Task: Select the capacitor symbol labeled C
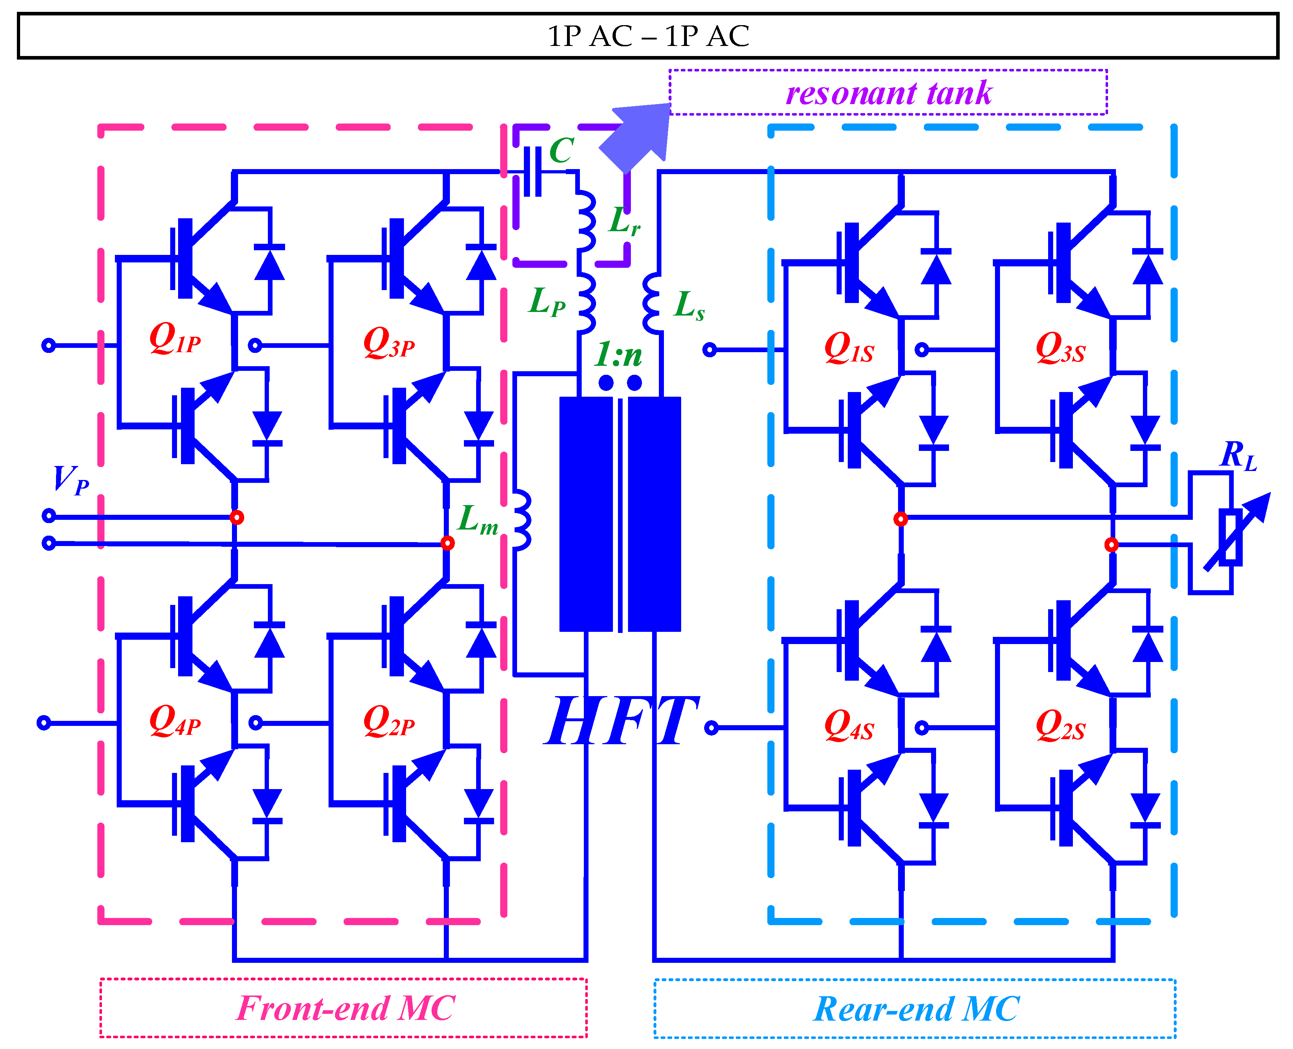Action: click(x=532, y=172)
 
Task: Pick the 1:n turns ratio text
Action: click(x=618, y=355)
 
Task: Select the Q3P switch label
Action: click(x=389, y=343)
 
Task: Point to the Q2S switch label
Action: click(x=1060, y=725)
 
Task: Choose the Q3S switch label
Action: click(x=1060, y=348)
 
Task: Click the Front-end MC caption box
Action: click(x=343, y=1008)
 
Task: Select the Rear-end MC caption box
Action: click(x=914, y=1008)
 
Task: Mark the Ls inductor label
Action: click(x=689, y=305)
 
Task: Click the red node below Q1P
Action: click(x=237, y=517)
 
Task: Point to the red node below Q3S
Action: click(x=1111, y=545)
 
